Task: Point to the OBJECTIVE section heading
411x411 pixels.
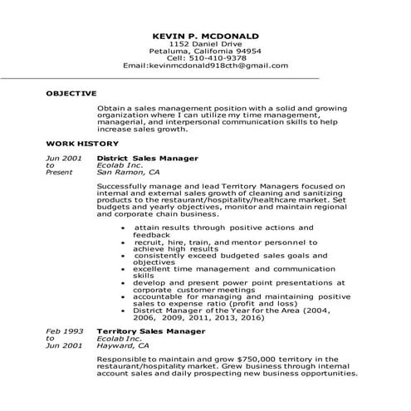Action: click(71, 94)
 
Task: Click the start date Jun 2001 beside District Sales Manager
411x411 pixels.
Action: click(63, 157)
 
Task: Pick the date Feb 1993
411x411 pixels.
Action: click(63, 330)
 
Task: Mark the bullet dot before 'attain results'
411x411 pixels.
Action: click(123, 227)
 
